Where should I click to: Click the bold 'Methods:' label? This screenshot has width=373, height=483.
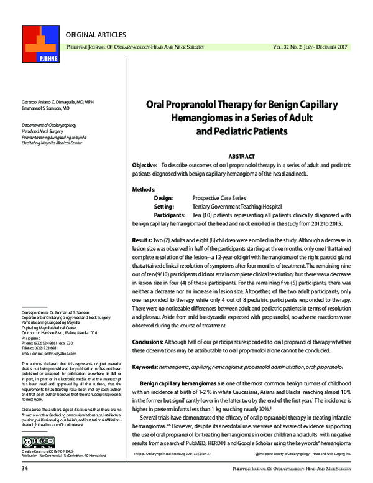pos(145,189)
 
